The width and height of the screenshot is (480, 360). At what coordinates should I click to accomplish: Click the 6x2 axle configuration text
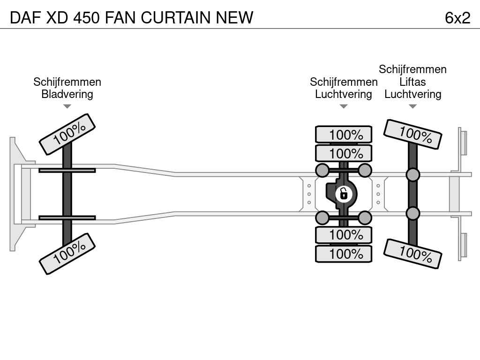coord(457,18)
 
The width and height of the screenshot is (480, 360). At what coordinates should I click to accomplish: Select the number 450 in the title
coord(87,17)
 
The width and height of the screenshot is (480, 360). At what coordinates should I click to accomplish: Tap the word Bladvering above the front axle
coord(67,94)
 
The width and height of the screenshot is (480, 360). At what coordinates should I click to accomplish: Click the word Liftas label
coord(412,82)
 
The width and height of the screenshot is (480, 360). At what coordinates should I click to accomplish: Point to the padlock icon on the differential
coord(344,194)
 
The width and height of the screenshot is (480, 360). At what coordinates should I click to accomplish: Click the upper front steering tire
coord(67,134)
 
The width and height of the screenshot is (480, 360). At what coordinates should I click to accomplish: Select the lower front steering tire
coord(67,254)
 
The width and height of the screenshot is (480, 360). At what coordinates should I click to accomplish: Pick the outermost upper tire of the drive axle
coord(344,135)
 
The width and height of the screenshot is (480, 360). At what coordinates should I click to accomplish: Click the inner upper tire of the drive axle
coord(344,153)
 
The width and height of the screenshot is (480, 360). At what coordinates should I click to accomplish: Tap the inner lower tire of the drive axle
coord(344,235)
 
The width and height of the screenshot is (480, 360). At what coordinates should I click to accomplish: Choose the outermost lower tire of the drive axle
coord(344,254)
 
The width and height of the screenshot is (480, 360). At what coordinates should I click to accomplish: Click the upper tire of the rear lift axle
coord(412,135)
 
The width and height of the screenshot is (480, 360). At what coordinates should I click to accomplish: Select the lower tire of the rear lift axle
coord(412,254)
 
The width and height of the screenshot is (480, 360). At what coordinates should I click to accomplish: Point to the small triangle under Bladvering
coord(67,106)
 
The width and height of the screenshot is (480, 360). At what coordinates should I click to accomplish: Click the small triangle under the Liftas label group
coord(412,106)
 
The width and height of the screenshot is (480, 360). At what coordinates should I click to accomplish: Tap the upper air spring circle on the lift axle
coord(412,175)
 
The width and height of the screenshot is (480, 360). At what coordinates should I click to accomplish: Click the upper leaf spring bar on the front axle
coord(67,171)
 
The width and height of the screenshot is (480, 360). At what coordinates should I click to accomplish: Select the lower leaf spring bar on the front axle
coord(67,217)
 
